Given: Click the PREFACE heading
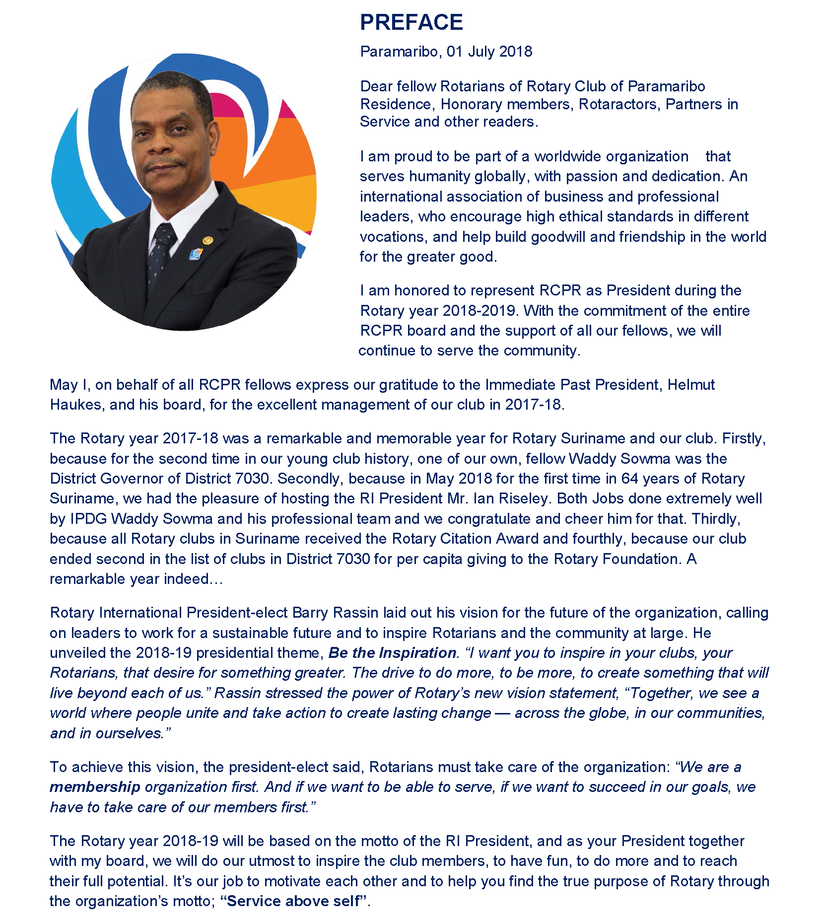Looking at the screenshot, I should click(411, 22).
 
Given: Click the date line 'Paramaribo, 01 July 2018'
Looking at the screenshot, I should click(446, 52).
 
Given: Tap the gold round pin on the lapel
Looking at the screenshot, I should click(207, 241).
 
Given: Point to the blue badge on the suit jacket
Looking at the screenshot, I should click(197, 254).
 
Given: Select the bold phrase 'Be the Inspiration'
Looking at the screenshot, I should click(392, 653).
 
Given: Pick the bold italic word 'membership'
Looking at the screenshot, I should click(95, 787).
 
